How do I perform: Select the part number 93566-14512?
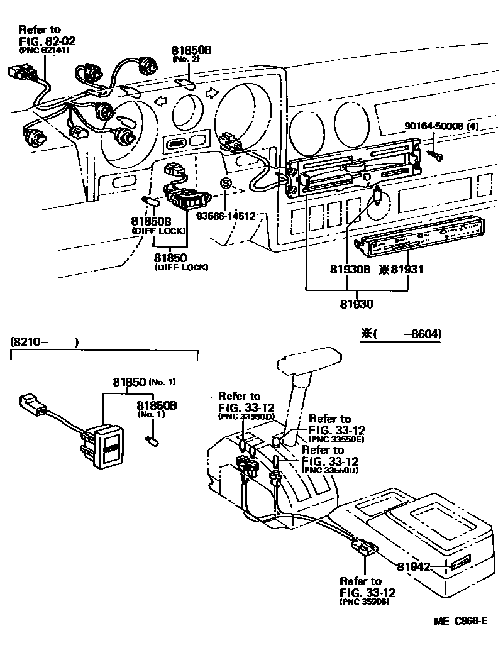(226, 216)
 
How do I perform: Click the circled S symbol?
(226, 184)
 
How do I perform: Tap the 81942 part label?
(412, 566)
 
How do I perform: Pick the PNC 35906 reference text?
(363, 602)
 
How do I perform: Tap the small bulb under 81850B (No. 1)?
(150, 438)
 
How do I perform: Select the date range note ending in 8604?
(401, 334)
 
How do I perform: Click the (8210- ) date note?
(44, 343)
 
